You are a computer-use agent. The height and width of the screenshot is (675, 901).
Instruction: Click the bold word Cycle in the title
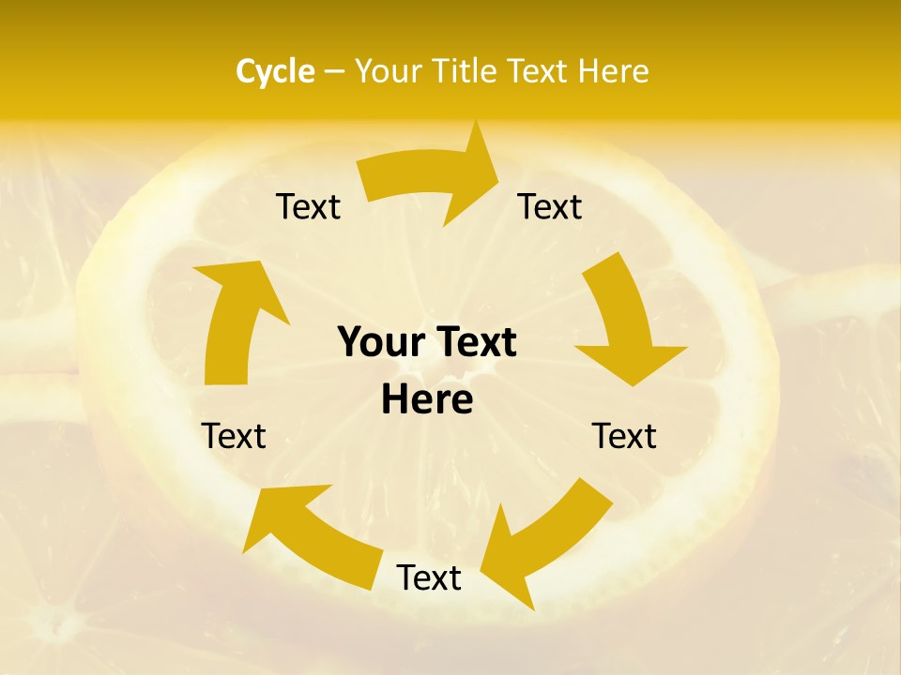[x=274, y=71]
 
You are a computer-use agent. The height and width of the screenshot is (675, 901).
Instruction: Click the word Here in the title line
[x=613, y=71]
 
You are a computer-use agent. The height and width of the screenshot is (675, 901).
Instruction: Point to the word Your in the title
[x=389, y=71]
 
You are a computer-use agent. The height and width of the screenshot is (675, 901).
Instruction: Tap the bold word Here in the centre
[x=427, y=400]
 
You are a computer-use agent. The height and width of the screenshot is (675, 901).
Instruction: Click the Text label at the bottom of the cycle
[x=429, y=577]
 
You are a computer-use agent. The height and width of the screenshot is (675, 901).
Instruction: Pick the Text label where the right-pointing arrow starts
[x=308, y=206]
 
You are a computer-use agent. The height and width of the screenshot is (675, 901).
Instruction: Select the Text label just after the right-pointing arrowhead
[x=550, y=206]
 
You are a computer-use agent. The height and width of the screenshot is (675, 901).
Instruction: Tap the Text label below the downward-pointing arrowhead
[x=624, y=436]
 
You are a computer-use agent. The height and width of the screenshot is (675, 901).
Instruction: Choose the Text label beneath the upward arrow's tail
[x=234, y=436]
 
